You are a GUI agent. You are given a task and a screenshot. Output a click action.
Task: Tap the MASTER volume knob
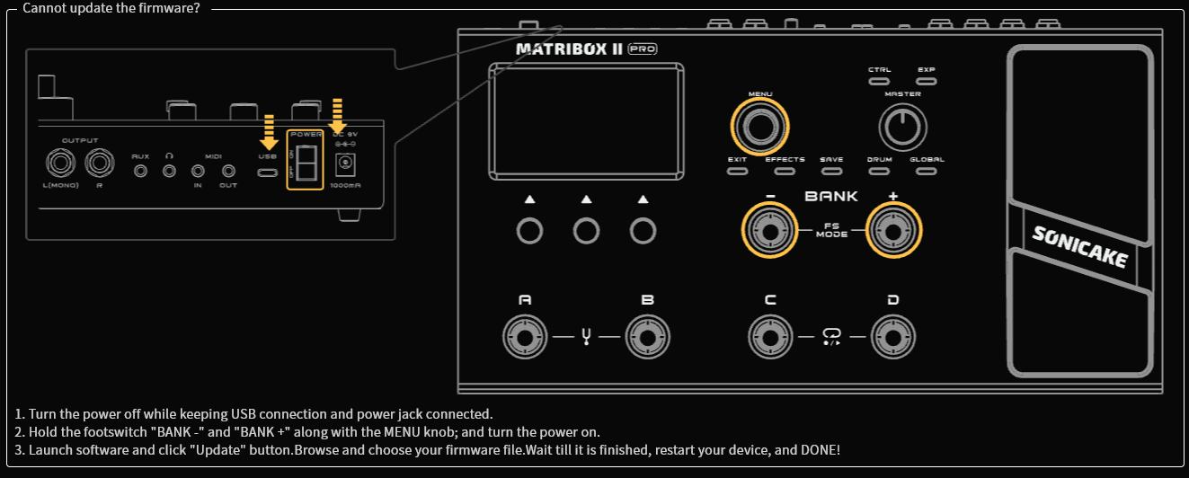click(x=901, y=127)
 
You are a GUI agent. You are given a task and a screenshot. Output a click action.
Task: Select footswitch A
click(x=525, y=338)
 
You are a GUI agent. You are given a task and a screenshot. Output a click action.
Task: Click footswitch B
click(x=647, y=338)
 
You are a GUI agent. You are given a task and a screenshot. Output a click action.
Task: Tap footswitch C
click(x=770, y=338)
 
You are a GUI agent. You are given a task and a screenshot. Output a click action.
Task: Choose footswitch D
click(x=892, y=338)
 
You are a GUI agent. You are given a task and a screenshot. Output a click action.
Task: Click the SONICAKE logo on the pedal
click(x=1078, y=245)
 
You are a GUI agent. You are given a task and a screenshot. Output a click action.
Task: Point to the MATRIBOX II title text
click(x=569, y=49)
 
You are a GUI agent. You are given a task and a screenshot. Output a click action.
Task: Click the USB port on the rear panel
click(x=267, y=170)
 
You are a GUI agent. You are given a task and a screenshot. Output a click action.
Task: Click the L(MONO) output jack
click(x=61, y=164)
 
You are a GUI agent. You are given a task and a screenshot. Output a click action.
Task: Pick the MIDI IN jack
click(x=198, y=170)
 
